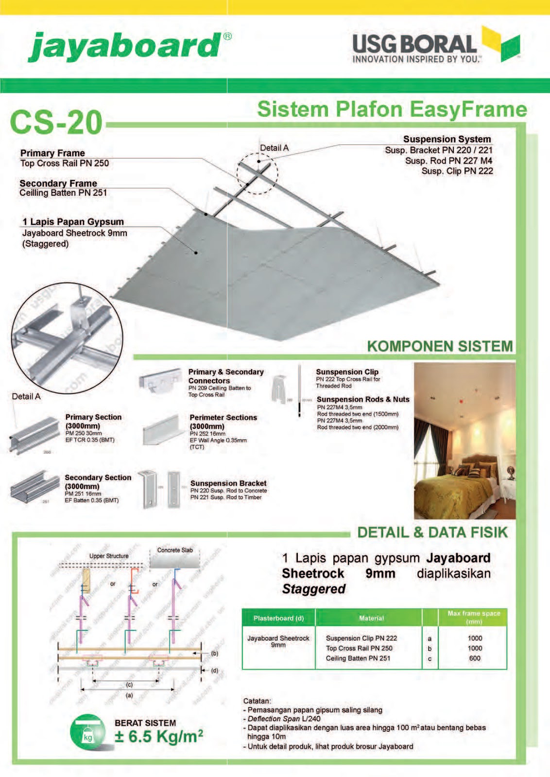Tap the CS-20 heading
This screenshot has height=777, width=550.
56,122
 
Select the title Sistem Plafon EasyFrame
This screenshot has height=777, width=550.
392,109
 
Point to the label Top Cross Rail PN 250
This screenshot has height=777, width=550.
65,164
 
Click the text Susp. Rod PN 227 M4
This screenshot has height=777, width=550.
448,161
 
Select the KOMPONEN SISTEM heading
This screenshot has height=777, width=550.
440,346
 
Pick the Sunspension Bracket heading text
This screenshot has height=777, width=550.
228,483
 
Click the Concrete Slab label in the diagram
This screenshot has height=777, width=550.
175,550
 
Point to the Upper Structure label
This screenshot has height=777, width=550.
109,556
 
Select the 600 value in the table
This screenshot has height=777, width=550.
475,659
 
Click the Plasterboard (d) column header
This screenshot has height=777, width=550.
278,618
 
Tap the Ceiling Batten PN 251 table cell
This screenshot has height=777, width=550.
358,659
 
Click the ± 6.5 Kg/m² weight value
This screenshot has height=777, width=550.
159,737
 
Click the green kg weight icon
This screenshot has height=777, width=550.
87,732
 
